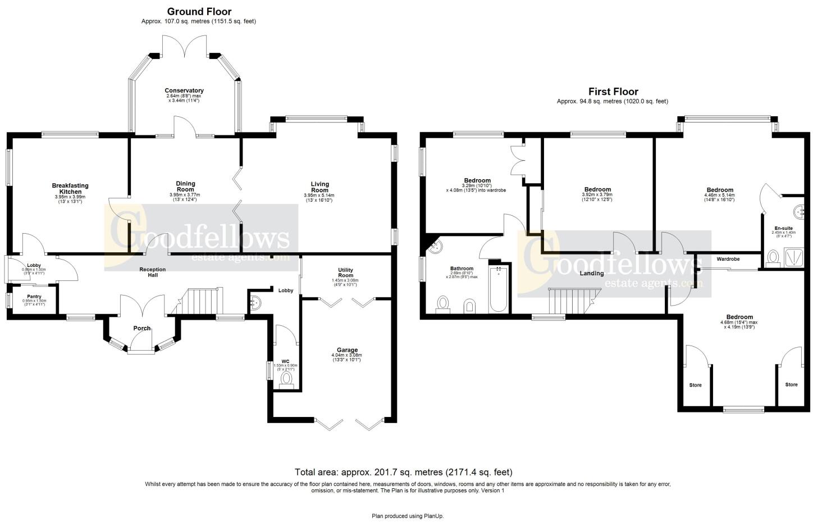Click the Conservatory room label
[x=184, y=90]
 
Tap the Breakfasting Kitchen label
[x=70, y=189]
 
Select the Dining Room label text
[x=185, y=187]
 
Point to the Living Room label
[x=319, y=187]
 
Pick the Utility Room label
[x=345, y=273]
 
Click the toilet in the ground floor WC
[x=287, y=380]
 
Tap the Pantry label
[x=35, y=296]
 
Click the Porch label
[x=142, y=328]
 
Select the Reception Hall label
[x=153, y=272]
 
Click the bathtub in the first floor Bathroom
[x=499, y=289]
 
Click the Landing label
[x=592, y=273]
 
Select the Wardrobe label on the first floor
[x=728, y=259]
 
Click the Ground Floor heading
[x=199, y=11]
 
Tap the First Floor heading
[x=613, y=92]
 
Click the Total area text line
[x=404, y=472]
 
